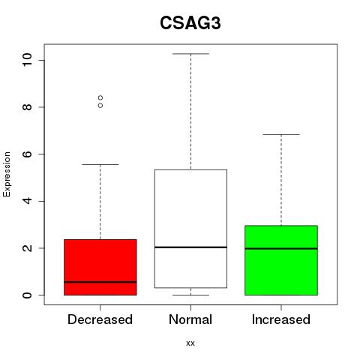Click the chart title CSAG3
190,23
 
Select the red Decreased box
100,267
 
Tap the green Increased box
281,260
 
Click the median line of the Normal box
190,247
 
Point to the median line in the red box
100,282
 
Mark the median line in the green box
281,248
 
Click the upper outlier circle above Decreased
100,97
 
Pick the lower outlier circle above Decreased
100,106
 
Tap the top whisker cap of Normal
190,54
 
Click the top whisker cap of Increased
281,134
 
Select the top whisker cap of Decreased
100,164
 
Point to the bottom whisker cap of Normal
190,295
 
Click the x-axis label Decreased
100,319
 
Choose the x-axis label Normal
190,319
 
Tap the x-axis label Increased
281,319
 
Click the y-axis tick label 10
27,60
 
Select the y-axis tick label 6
27,154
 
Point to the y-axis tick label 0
27,295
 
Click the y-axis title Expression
7,174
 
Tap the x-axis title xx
190,343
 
